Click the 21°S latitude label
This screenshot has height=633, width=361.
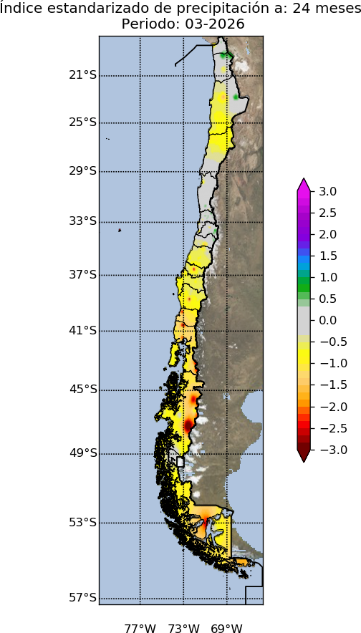(x=82, y=75)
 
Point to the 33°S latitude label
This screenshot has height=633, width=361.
(x=82, y=221)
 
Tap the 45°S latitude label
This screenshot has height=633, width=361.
(x=82, y=390)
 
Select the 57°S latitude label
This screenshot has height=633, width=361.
(x=82, y=598)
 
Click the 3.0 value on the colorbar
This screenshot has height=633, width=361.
(x=328, y=191)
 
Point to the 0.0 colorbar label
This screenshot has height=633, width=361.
(x=328, y=320)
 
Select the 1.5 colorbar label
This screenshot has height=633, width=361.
(x=328, y=256)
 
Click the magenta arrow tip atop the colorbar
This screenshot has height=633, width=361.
(x=304, y=183)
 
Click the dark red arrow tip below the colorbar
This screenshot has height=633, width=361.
(x=304, y=457)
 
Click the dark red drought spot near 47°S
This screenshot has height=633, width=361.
(x=188, y=425)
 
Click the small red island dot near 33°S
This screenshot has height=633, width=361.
(x=120, y=231)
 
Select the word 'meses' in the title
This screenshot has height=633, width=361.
(x=335, y=9)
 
